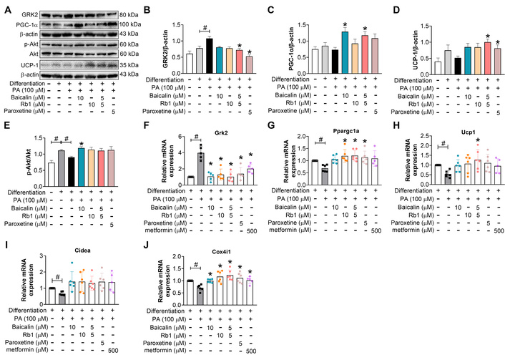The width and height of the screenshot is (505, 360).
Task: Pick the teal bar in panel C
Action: click(x=325, y=52)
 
